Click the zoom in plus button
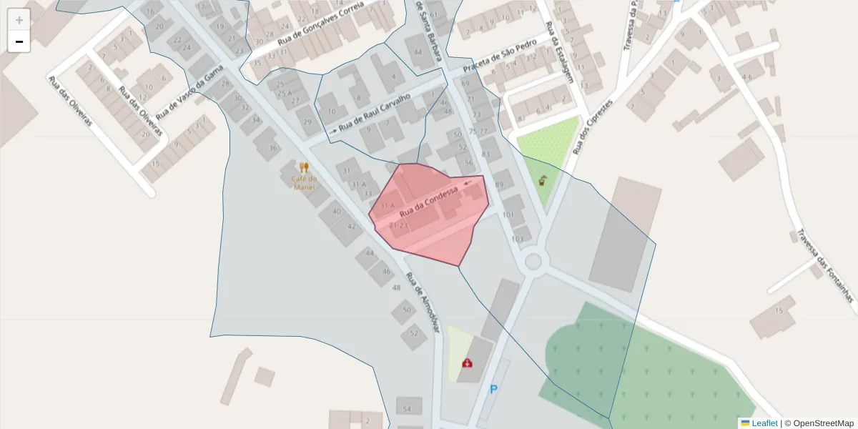click(x=19, y=20)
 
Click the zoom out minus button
click(x=19, y=41)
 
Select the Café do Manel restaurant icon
click(x=304, y=168)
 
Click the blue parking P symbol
click(x=493, y=390)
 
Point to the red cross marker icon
click(x=467, y=363)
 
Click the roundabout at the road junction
click(x=533, y=261)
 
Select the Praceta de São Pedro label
click(x=499, y=55)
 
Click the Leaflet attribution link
click(x=764, y=423)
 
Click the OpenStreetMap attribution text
click(x=823, y=423)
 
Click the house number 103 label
click(x=518, y=239)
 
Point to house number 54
click(x=408, y=409)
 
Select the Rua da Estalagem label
click(x=560, y=53)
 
